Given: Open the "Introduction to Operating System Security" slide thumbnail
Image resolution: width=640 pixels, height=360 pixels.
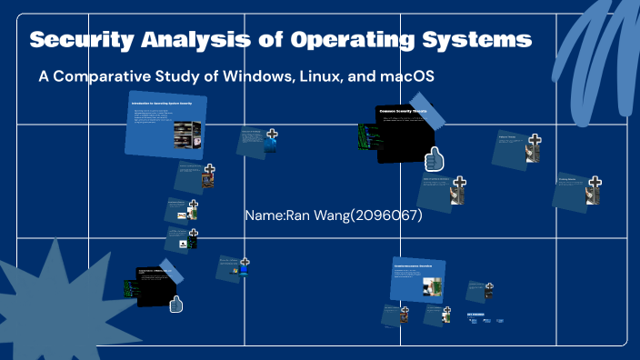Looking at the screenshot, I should coord(165,124).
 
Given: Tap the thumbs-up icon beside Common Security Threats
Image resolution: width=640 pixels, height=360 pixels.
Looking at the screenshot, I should coord(435,159).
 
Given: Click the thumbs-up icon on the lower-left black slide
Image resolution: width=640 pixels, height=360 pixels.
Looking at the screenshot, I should coord(175,304).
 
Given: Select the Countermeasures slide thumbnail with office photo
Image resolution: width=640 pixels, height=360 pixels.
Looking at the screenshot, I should coord(418,277).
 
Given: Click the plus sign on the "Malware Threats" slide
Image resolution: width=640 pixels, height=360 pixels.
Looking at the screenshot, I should coord(535,140).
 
